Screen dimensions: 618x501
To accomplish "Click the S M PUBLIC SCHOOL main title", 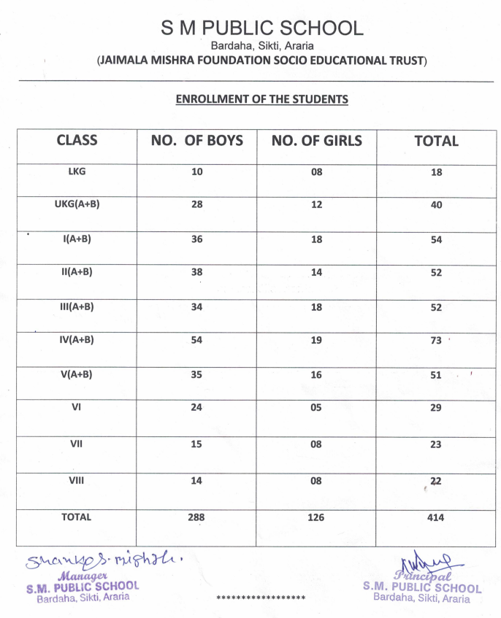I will click(x=262, y=28).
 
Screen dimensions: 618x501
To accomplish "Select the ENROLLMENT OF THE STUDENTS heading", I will click(x=262, y=99).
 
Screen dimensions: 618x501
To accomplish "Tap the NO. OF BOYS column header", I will click(x=197, y=141).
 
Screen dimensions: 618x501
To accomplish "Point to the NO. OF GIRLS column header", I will click(x=316, y=141).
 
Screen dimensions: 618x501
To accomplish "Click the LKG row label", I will click(x=76, y=171).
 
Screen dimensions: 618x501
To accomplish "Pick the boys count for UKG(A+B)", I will click(x=197, y=205).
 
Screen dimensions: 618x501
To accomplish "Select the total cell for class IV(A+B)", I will click(x=436, y=341).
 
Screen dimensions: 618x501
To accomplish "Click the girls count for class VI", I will click(x=316, y=408).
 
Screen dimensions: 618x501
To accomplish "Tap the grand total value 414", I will click(x=436, y=517).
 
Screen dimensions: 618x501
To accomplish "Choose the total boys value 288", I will click(x=196, y=517).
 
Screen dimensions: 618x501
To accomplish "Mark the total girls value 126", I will click(x=316, y=517).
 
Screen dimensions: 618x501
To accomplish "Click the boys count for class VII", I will click(x=197, y=444).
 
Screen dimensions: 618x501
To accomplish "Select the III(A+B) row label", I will click(x=76, y=307).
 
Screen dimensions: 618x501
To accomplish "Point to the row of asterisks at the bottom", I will click(x=261, y=598).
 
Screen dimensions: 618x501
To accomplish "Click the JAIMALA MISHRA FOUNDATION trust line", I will click(x=262, y=61).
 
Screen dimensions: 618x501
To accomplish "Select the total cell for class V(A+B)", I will click(x=436, y=375).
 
